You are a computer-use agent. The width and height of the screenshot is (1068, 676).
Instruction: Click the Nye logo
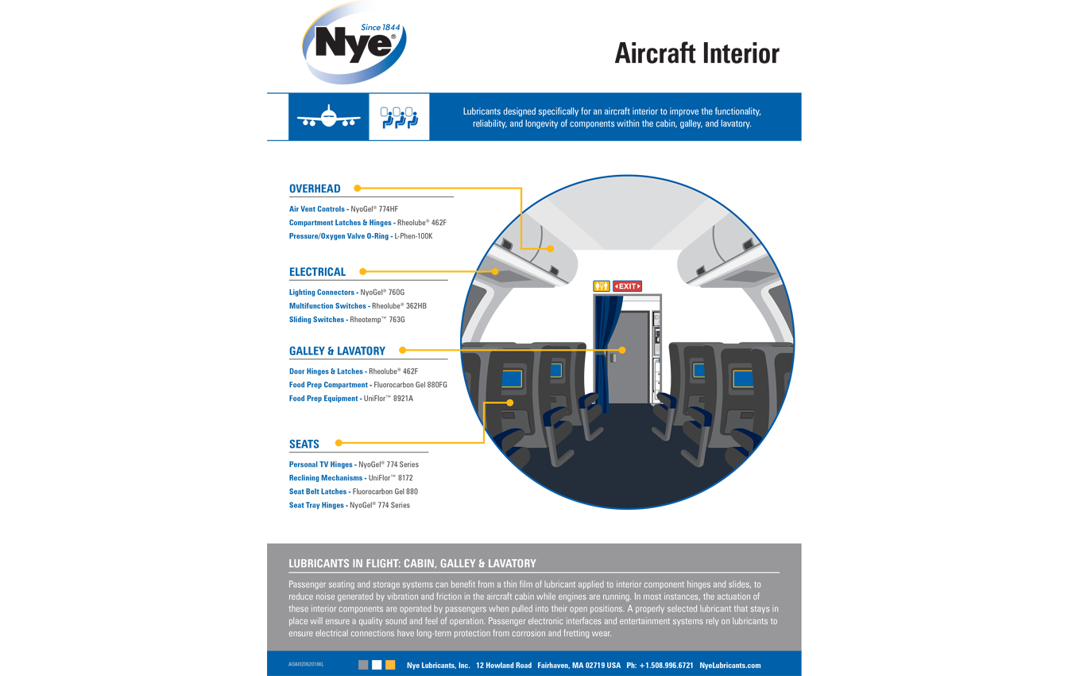[354, 45]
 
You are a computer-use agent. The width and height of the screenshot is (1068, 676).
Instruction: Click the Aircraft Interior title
[696, 53]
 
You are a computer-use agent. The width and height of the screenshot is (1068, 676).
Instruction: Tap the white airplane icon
[328, 118]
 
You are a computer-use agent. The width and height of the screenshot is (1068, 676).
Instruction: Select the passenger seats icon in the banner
[399, 118]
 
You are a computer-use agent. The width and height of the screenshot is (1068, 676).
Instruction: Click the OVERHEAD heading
[315, 189]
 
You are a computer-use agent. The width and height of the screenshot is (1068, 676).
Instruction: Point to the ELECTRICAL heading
[317, 272]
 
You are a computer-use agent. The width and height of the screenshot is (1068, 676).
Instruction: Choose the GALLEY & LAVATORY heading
[337, 351]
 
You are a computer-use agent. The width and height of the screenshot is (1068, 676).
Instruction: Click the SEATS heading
[304, 445]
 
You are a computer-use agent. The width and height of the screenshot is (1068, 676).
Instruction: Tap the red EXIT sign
[627, 286]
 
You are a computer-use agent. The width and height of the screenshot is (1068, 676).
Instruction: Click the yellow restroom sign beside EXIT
[602, 286]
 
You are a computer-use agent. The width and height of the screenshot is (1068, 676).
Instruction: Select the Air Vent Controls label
[317, 210]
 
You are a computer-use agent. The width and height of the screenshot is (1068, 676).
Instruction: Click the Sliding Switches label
[317, 320]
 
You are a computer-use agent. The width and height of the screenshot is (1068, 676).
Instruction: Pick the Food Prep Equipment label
[323, 398]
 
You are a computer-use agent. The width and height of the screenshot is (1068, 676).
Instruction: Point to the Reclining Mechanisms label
[326, 478]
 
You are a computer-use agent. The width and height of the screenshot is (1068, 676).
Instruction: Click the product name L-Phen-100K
[413, 236]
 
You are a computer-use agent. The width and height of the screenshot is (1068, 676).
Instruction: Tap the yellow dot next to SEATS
[339, 443]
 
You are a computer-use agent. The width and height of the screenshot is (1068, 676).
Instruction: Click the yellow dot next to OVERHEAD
[358, 188]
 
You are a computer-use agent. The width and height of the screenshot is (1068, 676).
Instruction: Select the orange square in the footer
[390, 665]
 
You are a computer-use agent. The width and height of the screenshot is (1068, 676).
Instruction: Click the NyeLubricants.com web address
[729, 666]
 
